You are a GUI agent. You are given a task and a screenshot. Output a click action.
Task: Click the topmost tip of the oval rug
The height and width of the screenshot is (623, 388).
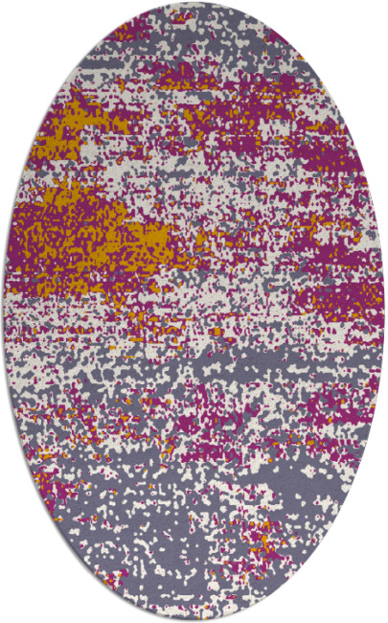pyautogui.click(x=194, y=4)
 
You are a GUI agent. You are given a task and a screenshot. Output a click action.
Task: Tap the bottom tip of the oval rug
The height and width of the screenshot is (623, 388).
pyautogui.click(x=194, y=619)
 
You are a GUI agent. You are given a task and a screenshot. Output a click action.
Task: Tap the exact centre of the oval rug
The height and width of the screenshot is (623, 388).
pyautogui.click(x=194, y=311)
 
